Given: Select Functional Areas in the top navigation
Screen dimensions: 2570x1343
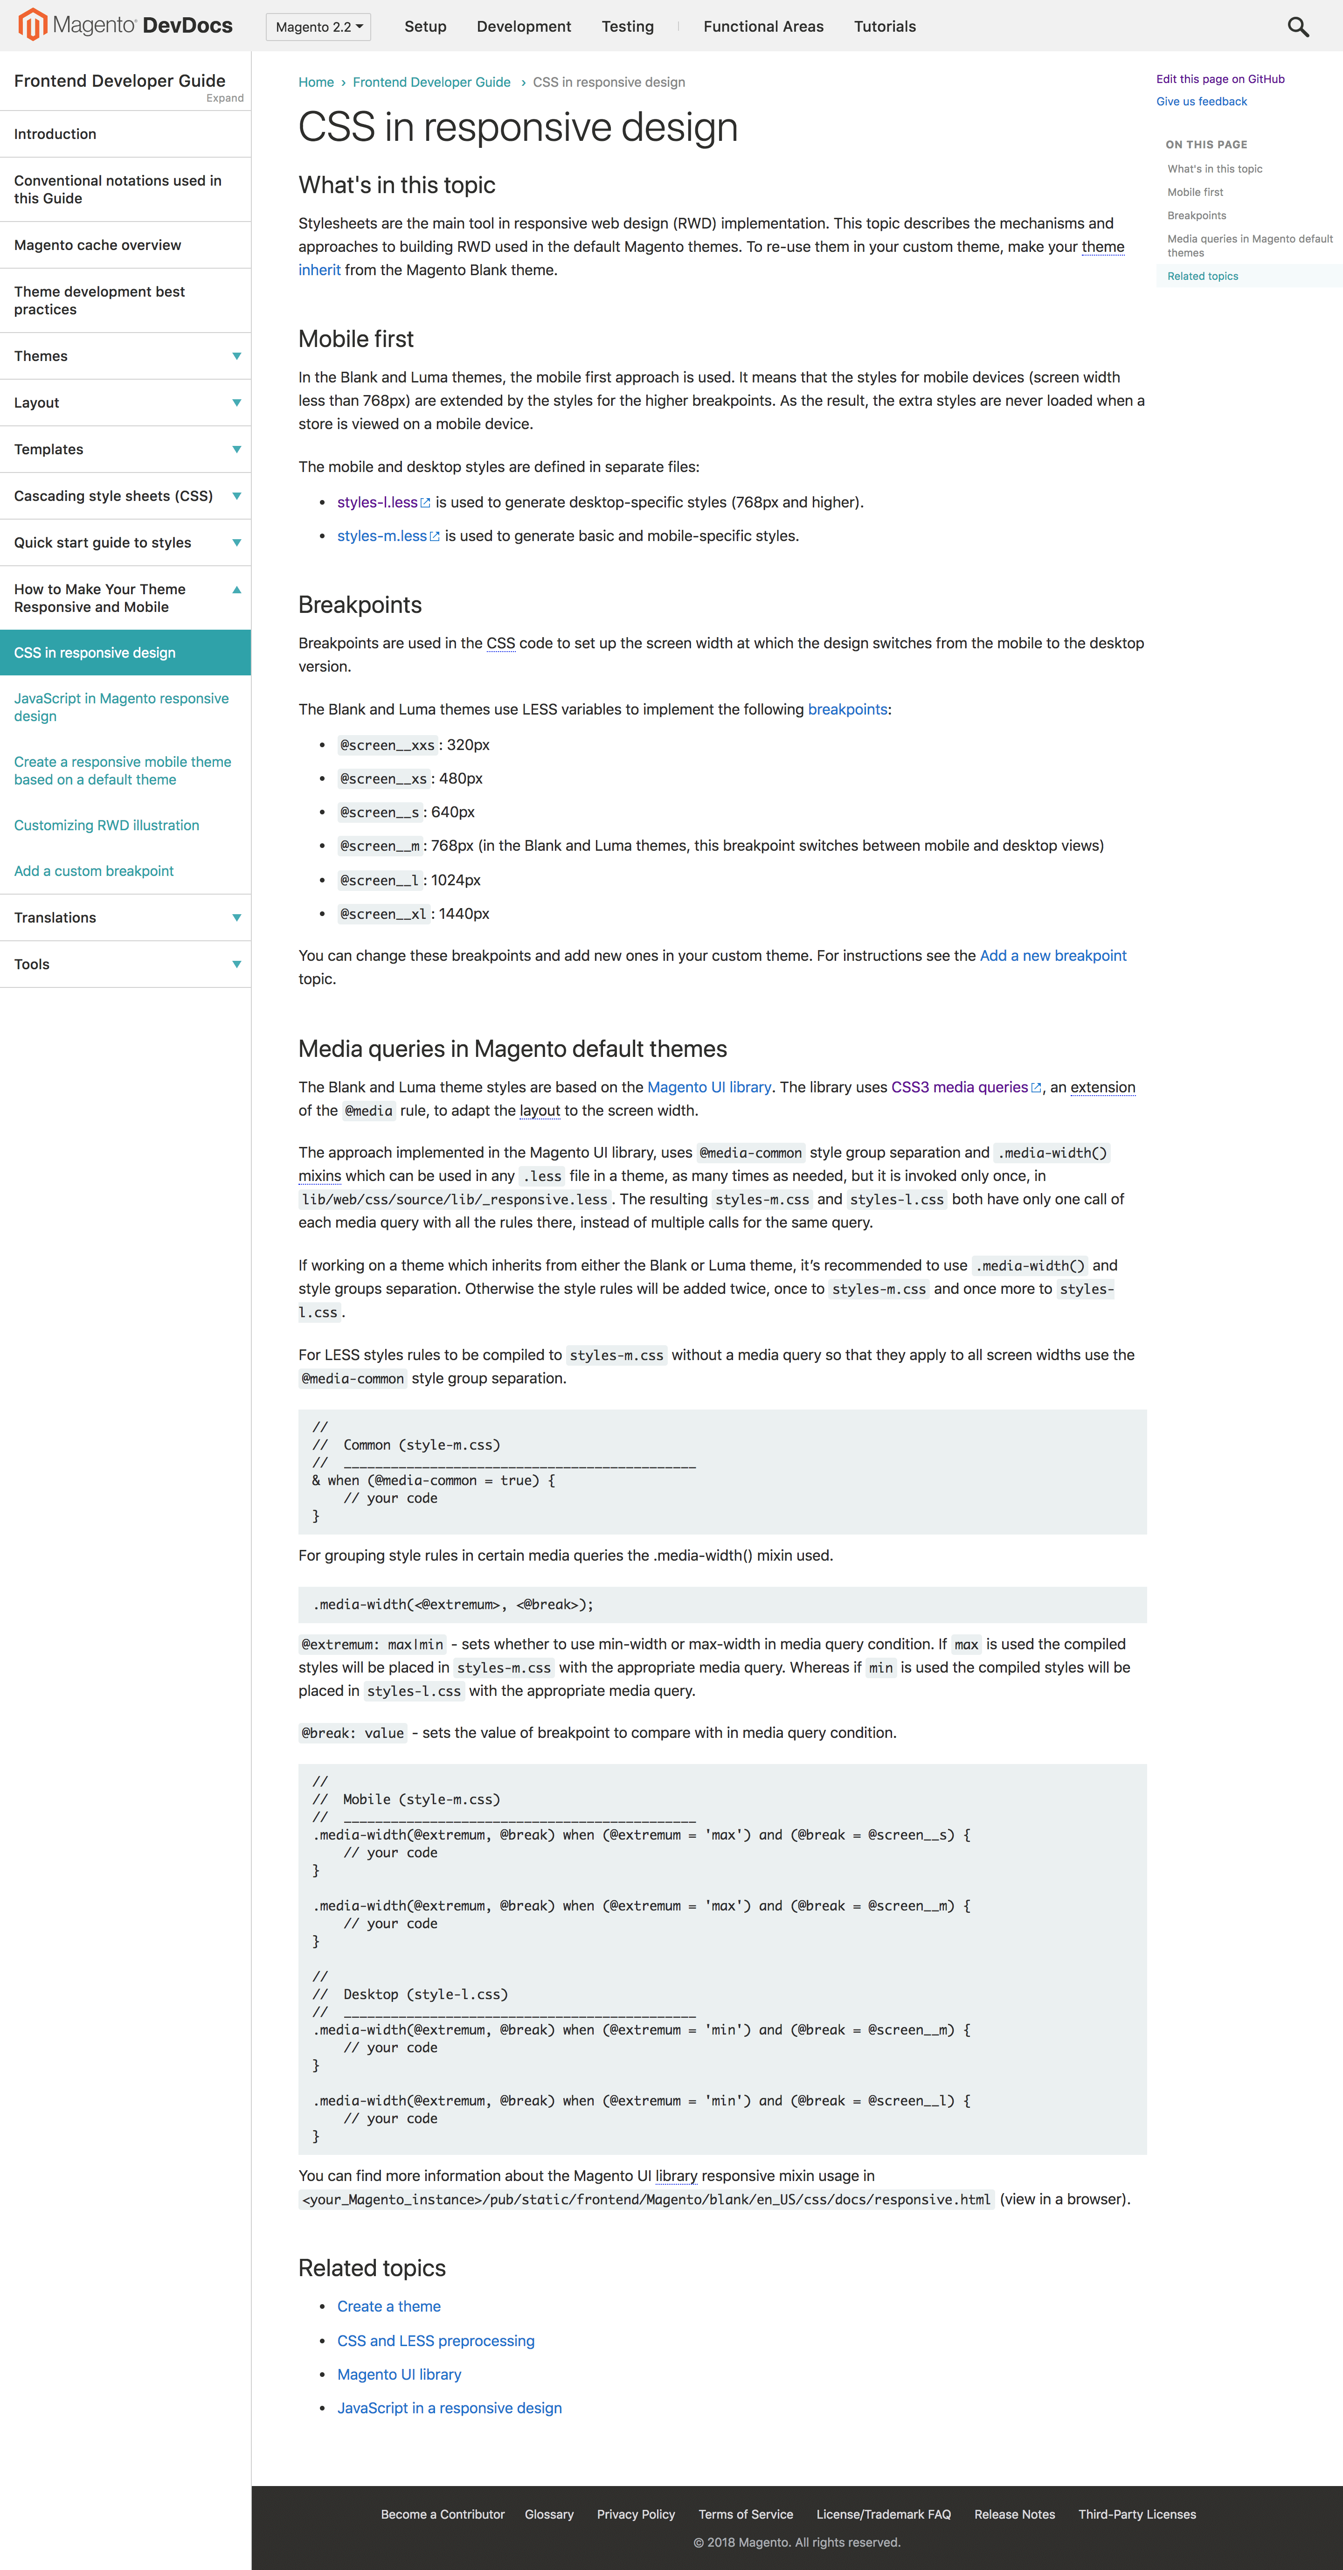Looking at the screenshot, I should pos(763,27).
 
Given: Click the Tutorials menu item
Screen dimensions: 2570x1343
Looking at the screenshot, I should pos(884,27).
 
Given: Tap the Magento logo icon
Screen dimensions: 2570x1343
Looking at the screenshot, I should pos(33,25).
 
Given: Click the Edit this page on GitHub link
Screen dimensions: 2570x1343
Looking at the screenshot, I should pos(1219,79).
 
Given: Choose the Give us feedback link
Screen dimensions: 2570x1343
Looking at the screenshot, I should pos(1201,102).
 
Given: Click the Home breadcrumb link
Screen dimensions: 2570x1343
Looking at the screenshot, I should pos(315,82).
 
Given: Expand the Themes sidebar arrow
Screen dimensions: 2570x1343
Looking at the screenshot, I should pos(236,356).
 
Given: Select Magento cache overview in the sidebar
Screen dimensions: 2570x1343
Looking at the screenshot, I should pos(98,245).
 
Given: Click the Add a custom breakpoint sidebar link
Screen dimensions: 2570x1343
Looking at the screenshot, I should pos(94,871).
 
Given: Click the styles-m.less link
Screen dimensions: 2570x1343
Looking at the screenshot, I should pos(382,536).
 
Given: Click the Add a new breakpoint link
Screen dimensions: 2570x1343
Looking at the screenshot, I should pos(1052,956).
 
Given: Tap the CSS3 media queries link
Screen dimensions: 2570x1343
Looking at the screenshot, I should pos(959,1087).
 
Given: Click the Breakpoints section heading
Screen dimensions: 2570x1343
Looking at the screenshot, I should pos(360,604).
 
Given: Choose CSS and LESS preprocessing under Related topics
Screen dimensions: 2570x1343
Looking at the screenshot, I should pos(435,2341).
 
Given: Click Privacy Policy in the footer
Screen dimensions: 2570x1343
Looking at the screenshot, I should pos(636,2514).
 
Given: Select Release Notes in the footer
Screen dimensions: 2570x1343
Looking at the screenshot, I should pos(1014,2514).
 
